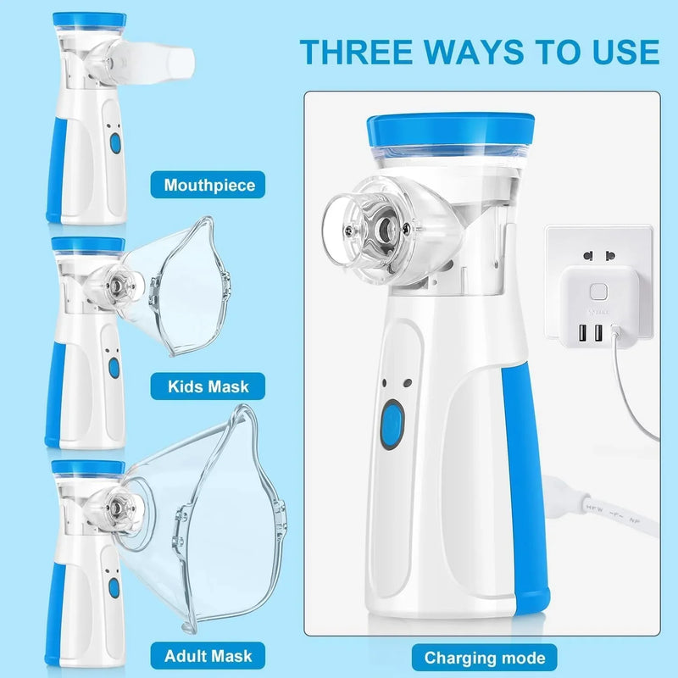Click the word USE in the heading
[620, 51]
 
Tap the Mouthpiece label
[209, 185]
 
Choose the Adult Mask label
[208, 656]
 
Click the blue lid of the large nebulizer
[451, 130]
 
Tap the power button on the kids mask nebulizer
[114, 367]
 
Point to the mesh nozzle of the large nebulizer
[386, 226]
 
